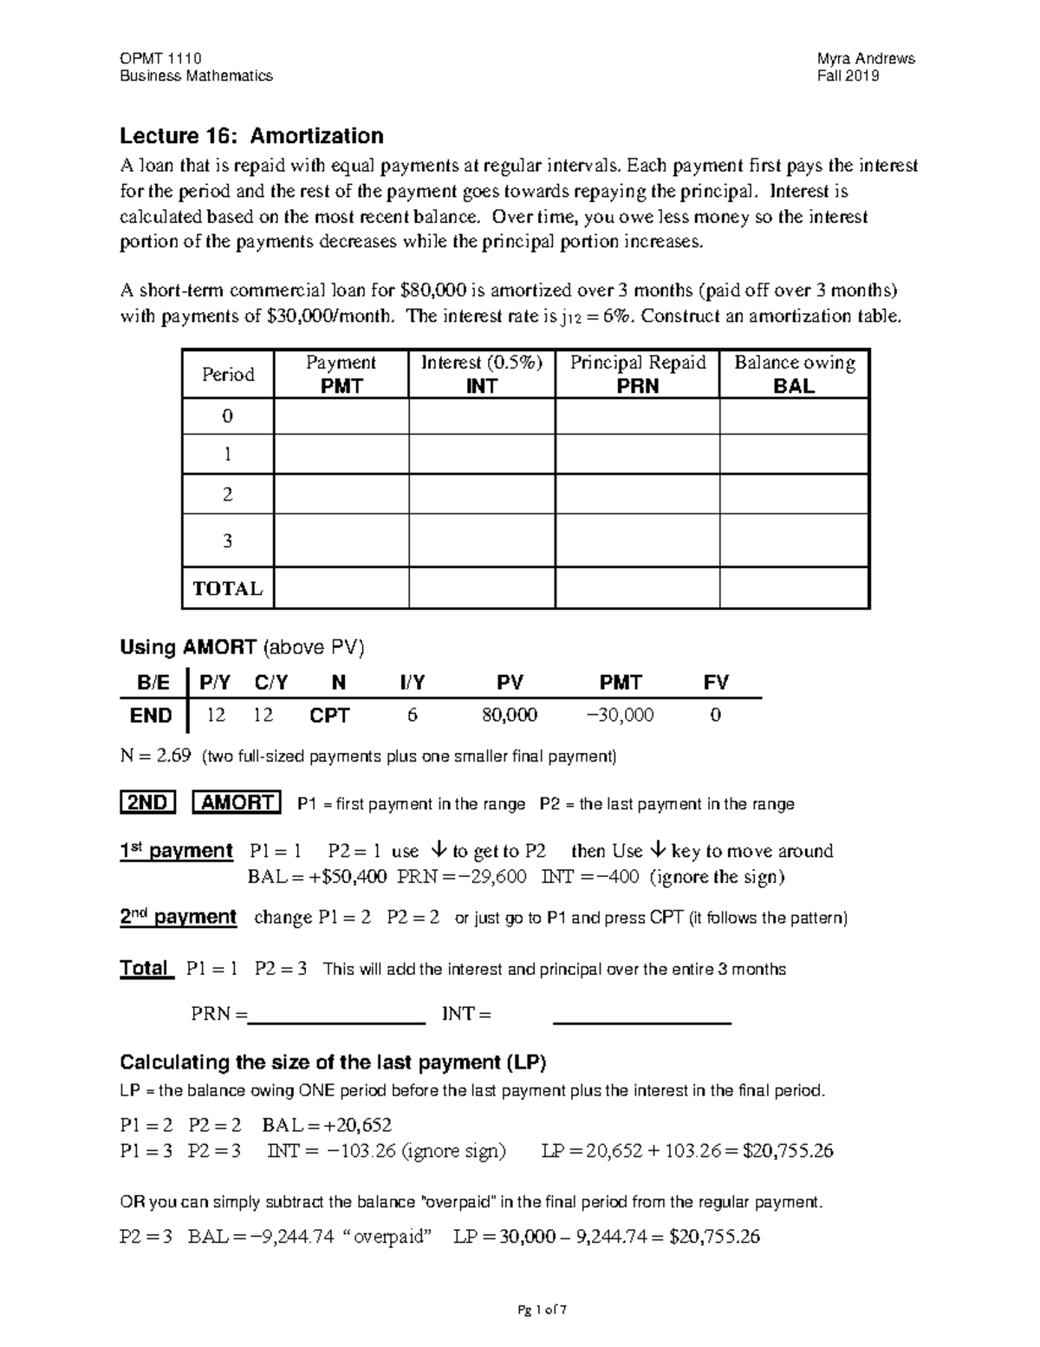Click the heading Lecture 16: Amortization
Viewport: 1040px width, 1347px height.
pos(251,136)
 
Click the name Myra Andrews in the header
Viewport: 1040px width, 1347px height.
pos(866,58)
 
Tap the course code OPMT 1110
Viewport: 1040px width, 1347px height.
pos(160,58)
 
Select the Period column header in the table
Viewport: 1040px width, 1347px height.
pos(228,375)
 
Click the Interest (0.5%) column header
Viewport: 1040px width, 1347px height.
pos(481,374)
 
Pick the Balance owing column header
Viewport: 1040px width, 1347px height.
pos(794,374)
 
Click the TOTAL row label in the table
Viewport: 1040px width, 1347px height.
pos(228,589)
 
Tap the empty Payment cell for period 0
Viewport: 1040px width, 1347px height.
pos(341,416)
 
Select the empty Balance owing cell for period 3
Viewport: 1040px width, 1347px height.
pos(794,541)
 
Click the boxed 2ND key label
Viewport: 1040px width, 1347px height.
pos(147,802)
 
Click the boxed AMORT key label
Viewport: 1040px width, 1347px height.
pos(237,802)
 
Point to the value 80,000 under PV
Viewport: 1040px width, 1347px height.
pos(510,716)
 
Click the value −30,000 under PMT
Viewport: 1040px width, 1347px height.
pos(620,716)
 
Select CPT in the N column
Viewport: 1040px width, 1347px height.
pos(330,716)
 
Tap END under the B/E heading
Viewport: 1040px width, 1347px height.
pos(151,716)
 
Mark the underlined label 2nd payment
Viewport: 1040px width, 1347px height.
pos(178,918)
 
